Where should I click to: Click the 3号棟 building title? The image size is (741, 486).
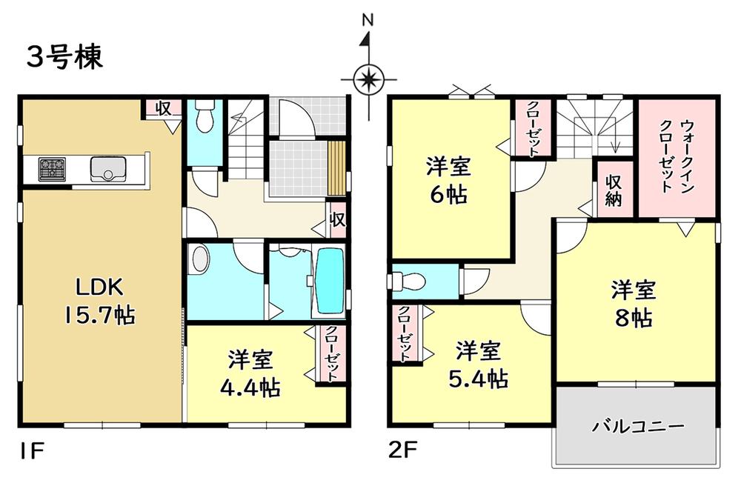click(x=64, y=58)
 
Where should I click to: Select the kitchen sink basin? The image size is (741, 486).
click(x=108, y=169)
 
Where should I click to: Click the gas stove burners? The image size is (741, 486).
click(x=53, y=169)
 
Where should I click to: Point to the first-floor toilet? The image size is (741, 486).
click(x=205, y=116)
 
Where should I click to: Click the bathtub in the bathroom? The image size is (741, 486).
click(x=330, y=281)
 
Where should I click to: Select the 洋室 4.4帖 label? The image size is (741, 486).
click(x=250, y=373)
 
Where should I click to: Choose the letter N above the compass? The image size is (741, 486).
click(x=368, y=20)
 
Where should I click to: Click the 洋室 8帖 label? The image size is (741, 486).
click(x=634, y=304)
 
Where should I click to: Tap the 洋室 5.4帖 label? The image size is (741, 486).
click(x=478, y=364)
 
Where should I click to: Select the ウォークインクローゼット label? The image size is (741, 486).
click(x=677, y=156)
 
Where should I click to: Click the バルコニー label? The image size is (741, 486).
click(x=638, y=427)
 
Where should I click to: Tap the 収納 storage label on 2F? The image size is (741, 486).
click(x=613, y=190)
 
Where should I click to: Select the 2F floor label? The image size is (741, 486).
click(x=402, y=451)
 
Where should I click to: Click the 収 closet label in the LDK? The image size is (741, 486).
click(x=164, y=108)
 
